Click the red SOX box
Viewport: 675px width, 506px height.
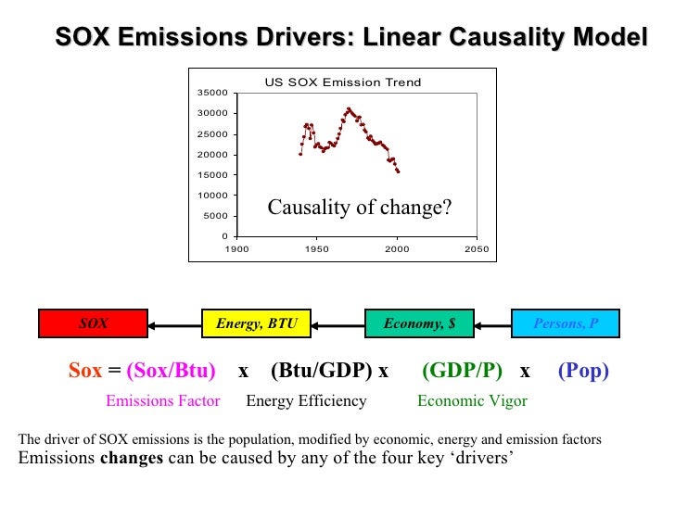(93, 323)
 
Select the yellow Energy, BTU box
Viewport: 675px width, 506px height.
(256, 323)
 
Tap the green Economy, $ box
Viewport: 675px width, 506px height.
(419, 323)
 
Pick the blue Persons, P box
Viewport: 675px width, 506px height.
(565, 323)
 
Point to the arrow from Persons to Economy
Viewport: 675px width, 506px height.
(491, 324)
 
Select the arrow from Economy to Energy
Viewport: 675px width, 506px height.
(337, 324)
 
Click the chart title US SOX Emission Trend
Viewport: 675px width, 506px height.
(343, 82)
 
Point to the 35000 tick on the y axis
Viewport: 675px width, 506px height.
(213, 93)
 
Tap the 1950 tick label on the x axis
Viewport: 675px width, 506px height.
(317, 249)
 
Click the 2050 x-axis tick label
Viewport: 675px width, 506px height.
(477, 249)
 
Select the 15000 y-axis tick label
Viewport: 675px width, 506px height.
(213, 175)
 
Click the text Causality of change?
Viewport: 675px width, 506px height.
(359, 208)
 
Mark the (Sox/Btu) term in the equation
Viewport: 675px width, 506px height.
(171, 372)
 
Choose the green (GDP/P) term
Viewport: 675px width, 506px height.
(462, 372)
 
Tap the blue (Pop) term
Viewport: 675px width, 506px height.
(583, 372)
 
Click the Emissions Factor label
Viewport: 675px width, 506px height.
(162, 401)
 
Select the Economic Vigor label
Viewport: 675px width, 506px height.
(472, 401)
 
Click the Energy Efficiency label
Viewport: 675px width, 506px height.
(306, 401)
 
